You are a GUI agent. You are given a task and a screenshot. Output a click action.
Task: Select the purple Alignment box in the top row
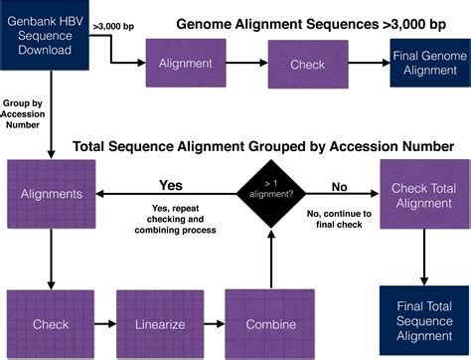coord(185,64)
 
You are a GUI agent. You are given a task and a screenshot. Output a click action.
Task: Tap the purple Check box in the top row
coord(307,64)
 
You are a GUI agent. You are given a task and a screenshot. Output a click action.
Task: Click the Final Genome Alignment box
coord(428,63)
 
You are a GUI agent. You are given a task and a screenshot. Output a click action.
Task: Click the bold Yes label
coord(172,184)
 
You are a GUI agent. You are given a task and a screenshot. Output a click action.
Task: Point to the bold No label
coord(339,184)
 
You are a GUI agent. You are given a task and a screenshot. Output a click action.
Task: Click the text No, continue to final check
coord(339,220)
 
